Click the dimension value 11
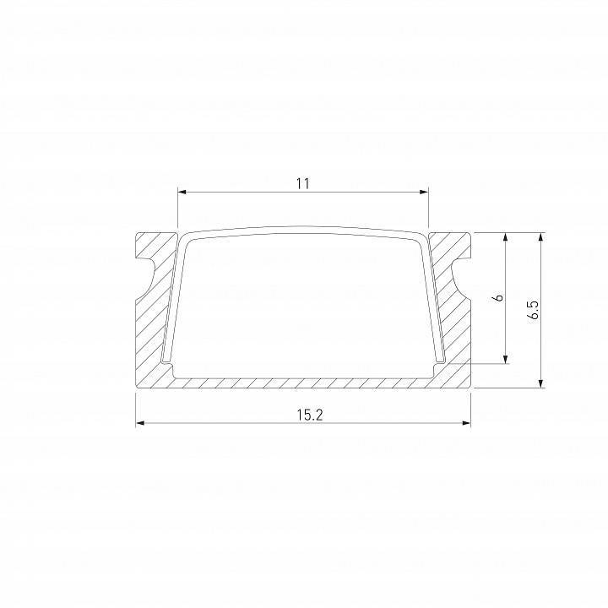point(303,182)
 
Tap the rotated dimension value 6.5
point(533,310)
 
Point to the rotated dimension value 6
point(498,297)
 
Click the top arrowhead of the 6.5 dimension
point(540,237)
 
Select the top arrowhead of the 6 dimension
point(506,237)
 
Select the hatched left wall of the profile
point(156,329)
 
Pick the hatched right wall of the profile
point(452,329)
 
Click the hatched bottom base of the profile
point(304,382)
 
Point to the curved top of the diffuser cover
point(304,229)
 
